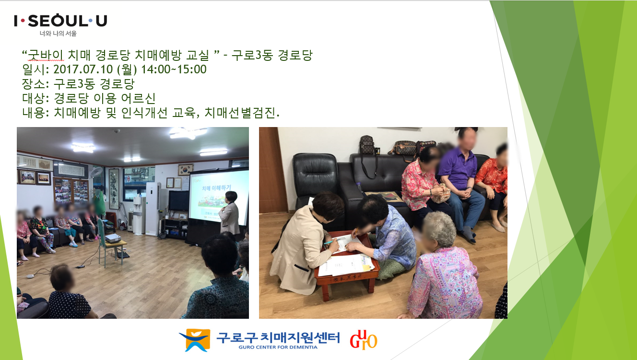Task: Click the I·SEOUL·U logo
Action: point(60,21)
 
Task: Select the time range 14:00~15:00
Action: point(174,70)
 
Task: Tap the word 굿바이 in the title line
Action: point(46,55)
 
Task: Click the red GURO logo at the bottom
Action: point(364,340)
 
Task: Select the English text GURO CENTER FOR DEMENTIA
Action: point(278,347)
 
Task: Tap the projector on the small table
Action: point(113,238)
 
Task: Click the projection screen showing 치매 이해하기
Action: point(218,197)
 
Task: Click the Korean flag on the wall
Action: point(186,170)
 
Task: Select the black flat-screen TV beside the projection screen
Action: point(178,200)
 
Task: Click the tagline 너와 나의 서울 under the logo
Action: point(58,34)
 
